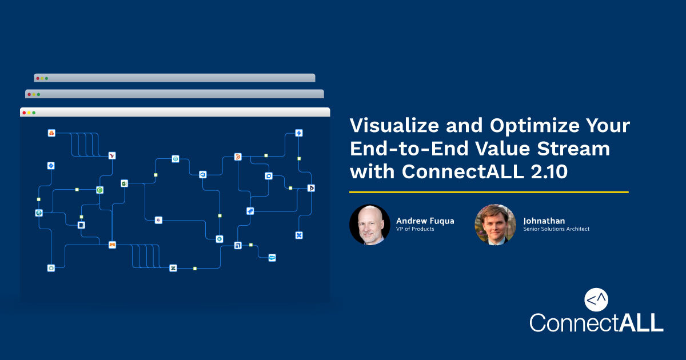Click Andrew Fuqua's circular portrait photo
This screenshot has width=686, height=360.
pyautogui.click(x=370, y=225)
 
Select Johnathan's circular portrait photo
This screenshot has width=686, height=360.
pyautogui.click(x=495, y=225)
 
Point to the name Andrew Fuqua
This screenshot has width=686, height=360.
pyautogui.click(x=425, y=221)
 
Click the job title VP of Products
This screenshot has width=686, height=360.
pyautogui.click(x=415, y=229)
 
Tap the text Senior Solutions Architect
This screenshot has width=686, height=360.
pyautogui.click(x=556, y=229)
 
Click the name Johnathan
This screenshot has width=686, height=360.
pyautogui.click(x=544, y=221)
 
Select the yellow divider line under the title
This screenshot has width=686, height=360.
pyautogui.click(x=489, y=192)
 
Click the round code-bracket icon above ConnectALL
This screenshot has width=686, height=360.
pyautogui.click(x=596, y=299)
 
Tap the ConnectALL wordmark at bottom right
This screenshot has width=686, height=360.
pyautogui.click(x=596, y=322)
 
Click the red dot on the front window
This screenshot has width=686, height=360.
pyautogui.click(x=24, y=113)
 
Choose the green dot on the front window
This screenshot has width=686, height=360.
pyautogui.click(x=34, y=113)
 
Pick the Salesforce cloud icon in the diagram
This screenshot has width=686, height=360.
pyautogui.click(x=272, y=258)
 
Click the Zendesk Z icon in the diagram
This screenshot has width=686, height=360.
pyautogui.click(x=173, y=268)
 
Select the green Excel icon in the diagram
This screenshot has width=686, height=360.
pyautogui.click(x=123, y=183)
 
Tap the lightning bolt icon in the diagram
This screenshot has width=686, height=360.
pyautogui.click(x=298, y=133)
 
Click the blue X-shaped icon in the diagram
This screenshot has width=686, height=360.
pyautogui.click(x=298, y=235)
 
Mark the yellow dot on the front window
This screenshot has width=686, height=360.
pyautogui.click(x=29, y=113)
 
